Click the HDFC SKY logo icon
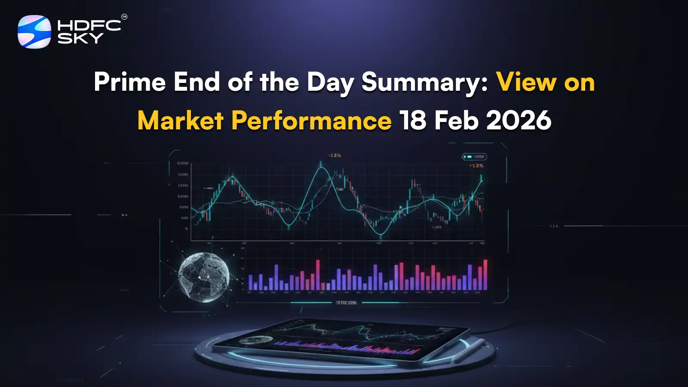point(34,32)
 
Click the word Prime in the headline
point(129,82)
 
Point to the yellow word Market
point(180,120)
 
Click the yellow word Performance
point(311,120)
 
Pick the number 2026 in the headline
point(519,120)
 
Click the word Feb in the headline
point(456,120)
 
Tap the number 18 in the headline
point(413,120)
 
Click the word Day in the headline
point(330,82)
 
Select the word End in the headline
point(197,82)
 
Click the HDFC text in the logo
point(89,25)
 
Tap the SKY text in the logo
point(80,38)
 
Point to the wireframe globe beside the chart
point(203,277)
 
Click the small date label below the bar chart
point(346,303)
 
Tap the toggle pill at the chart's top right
point(474,157)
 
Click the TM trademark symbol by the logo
point(124,17)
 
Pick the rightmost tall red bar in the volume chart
point(485,275)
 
